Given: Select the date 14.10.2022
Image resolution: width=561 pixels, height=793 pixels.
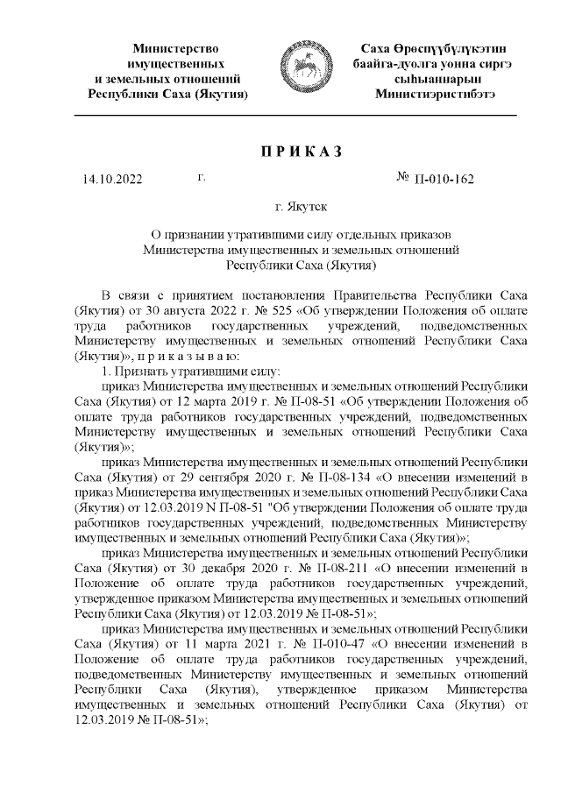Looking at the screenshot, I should [x=110, y=181].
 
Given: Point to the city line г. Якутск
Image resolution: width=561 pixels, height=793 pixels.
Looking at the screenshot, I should [x=302, y=209].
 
